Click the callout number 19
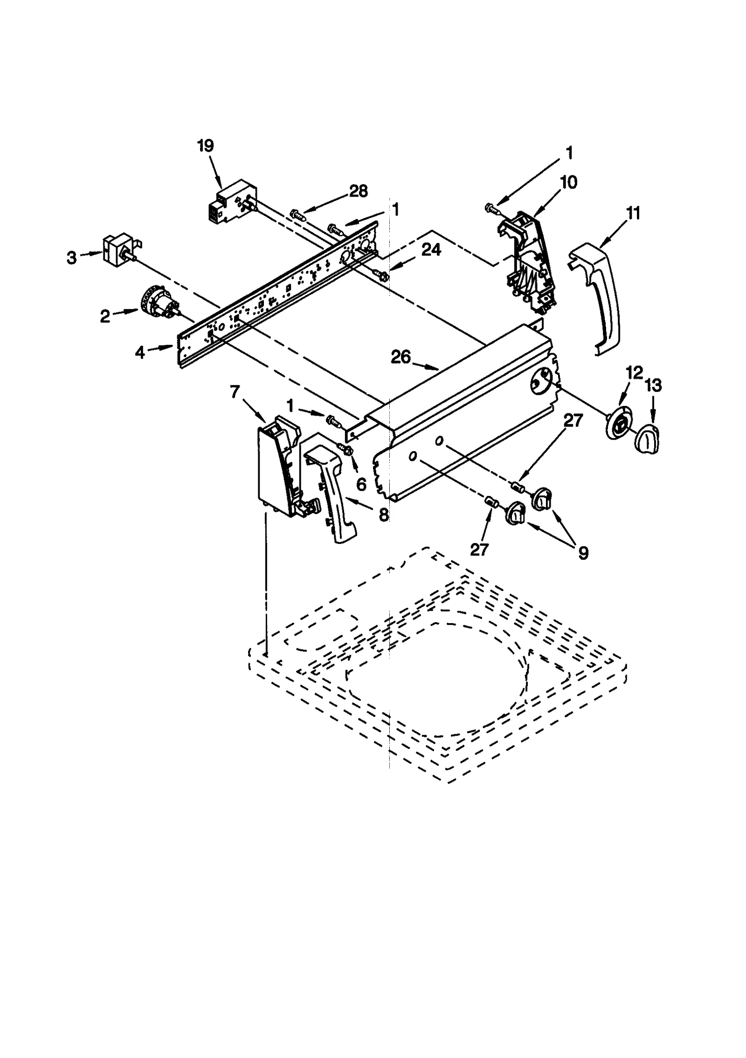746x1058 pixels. coord(205,146)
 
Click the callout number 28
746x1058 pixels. coord(358,191)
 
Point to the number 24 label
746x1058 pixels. coord(431,250)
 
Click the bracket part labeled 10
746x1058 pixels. coord(529,259)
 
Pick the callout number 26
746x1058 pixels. coord(401,357)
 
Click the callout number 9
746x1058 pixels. coord(583,553)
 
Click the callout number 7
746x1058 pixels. coord(234,392)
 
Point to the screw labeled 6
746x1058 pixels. coord(346,449)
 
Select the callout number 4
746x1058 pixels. coord(140,353)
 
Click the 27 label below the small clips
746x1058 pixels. coord(479,550)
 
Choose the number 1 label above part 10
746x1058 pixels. coord(569,153)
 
